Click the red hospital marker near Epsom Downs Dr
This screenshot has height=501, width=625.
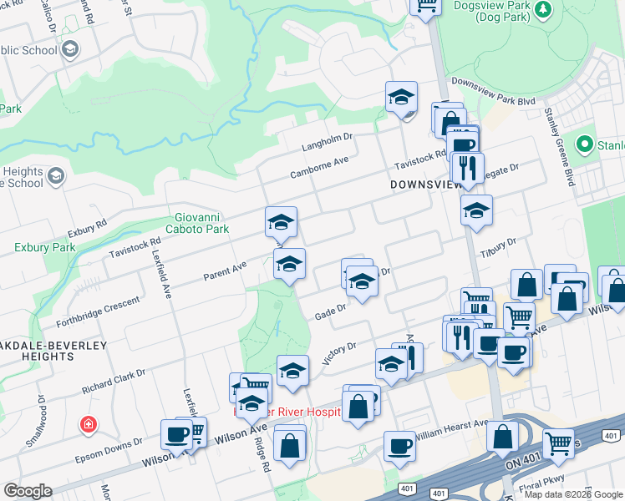tap(87, 426)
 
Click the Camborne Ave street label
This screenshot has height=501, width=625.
tap(318, 167)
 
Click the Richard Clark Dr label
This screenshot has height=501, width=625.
tap(115, 381)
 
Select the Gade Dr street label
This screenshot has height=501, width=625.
tap(330, 312)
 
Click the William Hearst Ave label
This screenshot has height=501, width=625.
tap(451, 429)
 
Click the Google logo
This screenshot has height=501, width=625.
tap(28, 490)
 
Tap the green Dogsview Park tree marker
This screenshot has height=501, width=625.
tap(545, 8)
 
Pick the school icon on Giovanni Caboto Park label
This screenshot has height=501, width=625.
tap(281, 222)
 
